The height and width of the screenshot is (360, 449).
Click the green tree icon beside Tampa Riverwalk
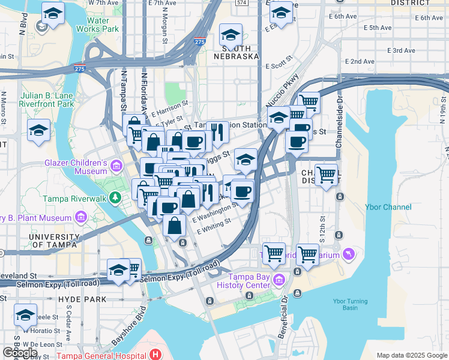tap(113, 198)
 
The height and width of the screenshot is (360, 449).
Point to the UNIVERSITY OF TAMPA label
tap(53, 241)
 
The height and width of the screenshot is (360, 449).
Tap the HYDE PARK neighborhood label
tap(82, 299)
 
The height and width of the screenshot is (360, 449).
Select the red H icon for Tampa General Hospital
tap(155, 355)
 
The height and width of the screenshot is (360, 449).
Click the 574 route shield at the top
tap(241, 3)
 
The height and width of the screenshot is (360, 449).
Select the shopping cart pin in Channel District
tap(326, 175)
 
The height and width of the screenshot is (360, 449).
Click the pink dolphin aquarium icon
tap(349, 254)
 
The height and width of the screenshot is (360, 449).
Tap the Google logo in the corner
tap(20, 353)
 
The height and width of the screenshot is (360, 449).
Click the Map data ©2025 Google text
tap(411, 355)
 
